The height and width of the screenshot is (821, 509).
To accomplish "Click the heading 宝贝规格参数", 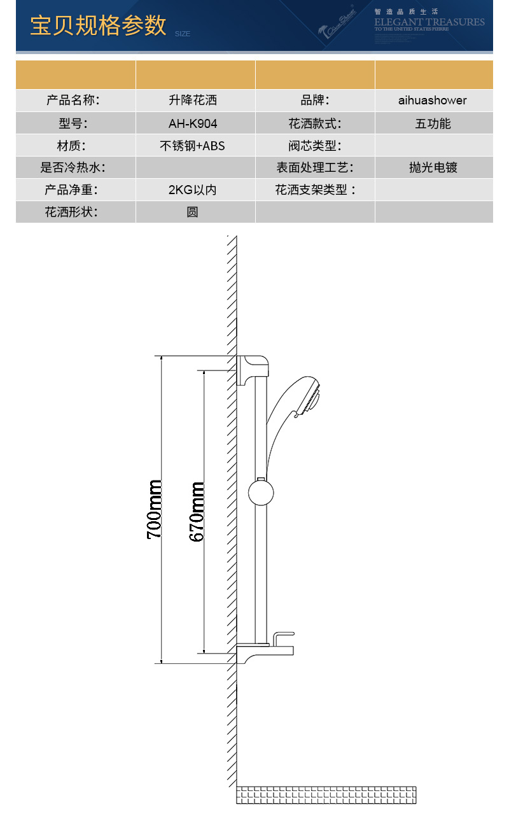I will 98,25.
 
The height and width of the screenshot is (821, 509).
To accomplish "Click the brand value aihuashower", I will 433,101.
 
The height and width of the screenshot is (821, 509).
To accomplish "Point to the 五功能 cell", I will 433,123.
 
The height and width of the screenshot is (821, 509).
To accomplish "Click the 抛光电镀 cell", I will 433,168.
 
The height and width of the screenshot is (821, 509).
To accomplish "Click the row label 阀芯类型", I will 315,146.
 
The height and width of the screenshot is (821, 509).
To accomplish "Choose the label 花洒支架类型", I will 315,190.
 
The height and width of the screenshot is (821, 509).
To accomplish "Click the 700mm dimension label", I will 154,509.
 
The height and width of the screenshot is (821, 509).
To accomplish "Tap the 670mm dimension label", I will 197,511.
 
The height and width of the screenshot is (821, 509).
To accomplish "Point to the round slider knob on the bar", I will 261,493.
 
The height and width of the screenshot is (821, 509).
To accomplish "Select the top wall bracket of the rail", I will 253,369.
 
